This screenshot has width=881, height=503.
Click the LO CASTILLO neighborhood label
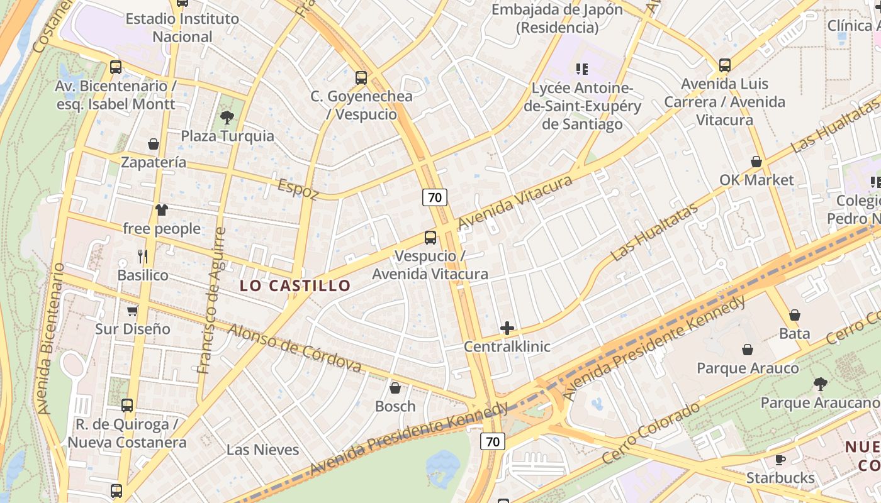(295, 285)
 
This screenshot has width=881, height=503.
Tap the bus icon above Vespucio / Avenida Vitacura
(430, 237)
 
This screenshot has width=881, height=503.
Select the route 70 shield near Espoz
(434, 197)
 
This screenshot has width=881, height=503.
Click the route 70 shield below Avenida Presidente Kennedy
(493, 441)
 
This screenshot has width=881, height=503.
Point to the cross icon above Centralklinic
(507, 328)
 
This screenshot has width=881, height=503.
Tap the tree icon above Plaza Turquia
(227, 117)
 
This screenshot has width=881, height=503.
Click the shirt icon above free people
(162, 210)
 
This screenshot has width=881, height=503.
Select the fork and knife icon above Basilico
(143, 256)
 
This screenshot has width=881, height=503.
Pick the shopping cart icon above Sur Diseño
(133, 311)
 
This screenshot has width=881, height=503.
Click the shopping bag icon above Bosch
(395, 388)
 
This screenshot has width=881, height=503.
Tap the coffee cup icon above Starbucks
(780, 460)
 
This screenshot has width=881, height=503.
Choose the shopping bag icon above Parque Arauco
(748, 350)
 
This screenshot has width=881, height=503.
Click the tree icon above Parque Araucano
(820, 384)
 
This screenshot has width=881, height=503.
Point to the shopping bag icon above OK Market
(756, 162)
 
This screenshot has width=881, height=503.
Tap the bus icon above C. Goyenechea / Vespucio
(361, 78)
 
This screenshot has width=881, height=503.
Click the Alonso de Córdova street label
(295, 348)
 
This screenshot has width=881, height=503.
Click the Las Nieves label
(262, 450)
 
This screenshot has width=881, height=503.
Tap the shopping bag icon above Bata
(795, 315)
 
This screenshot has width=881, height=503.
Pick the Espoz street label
(298, 189)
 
